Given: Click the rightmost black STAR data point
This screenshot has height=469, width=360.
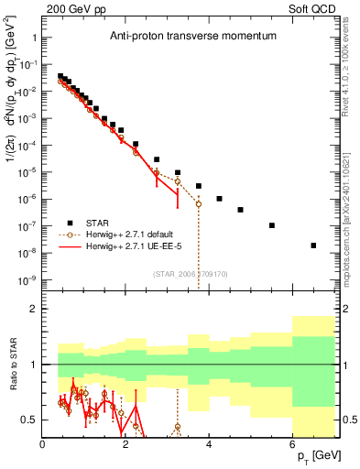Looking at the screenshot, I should (313, 245).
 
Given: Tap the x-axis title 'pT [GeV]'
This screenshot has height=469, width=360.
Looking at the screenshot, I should (316, 455).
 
